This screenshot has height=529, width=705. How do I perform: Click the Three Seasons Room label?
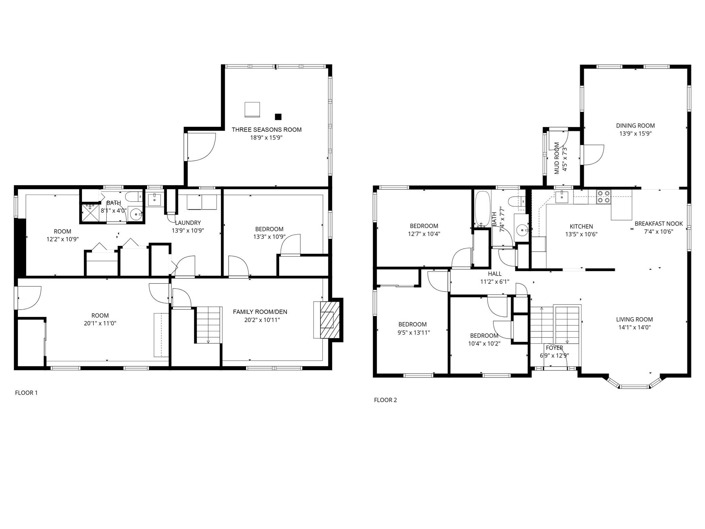click(x=266, y=130)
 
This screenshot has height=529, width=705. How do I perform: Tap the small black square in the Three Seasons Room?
click(x=278, y=117)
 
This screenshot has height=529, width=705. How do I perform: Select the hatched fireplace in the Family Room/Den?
click(x=327, y=320)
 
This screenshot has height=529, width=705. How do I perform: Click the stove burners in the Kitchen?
click(x=603, y=197)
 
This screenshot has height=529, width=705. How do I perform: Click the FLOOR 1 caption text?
click(x=26, y=393)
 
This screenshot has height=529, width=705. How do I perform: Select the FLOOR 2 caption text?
click(x=385, y=400)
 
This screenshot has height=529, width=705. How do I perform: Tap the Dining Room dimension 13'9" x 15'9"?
click(x=635, y=134)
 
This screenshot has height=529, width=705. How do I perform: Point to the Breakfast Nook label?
click(x=659, y=224)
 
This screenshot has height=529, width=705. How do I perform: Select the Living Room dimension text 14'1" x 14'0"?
click(x=634, y=328)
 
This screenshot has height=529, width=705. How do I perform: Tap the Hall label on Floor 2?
click(x=495, y=274)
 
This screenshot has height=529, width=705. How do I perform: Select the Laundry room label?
click(x=188, y=223)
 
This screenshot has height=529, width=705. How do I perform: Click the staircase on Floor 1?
click(x=208, y=324)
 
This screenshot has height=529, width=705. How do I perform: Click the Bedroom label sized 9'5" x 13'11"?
click(x=412, y=324)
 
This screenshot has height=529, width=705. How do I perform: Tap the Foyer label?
click(x=554, y=348)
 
